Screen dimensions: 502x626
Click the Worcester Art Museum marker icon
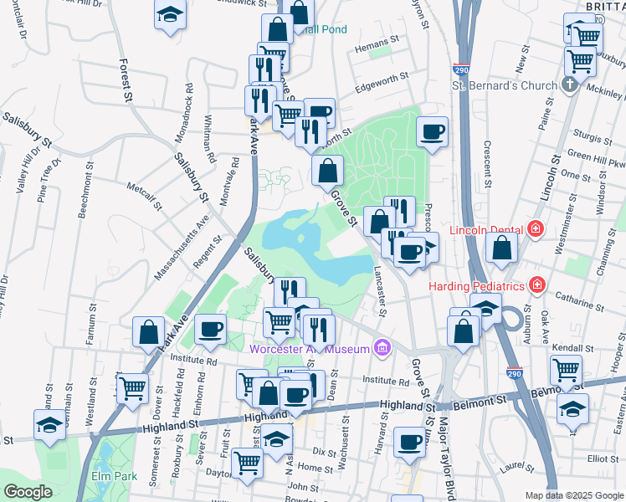coord(382,346)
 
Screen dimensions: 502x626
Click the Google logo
coord(28,492)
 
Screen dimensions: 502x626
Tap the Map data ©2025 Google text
coord(574,495)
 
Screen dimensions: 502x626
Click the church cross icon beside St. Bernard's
coord(569,85)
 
